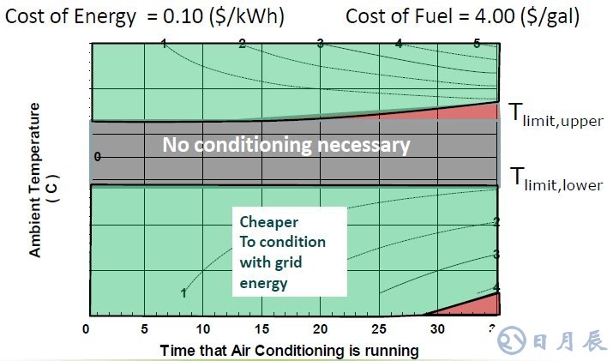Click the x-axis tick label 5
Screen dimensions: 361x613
point(145,329)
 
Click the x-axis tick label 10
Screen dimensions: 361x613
point(203,329)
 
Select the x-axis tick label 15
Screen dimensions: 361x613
point(261,329)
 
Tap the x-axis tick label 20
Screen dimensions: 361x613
point(321,329)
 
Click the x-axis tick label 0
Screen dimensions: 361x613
point(86,329)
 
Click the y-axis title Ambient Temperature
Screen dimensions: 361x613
point(40,180)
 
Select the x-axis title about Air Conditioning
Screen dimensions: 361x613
point(289,350)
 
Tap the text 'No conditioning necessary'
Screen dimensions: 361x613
point(286,145)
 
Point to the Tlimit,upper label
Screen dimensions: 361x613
point(556,115)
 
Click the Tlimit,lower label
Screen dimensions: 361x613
point(556,179)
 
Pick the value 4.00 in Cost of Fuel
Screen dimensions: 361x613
point(491,16)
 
